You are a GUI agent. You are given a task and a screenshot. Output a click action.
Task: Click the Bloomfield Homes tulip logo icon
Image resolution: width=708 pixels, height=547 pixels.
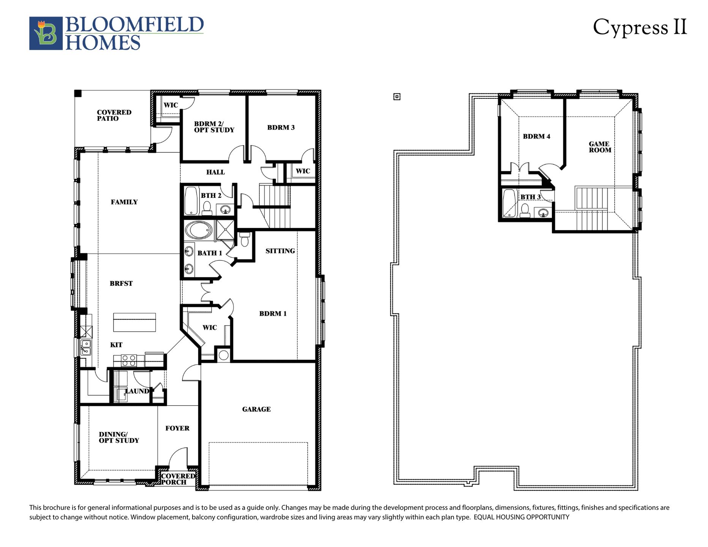(x=46, y=33)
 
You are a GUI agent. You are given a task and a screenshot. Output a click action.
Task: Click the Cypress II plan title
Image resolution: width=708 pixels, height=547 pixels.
(x=640, y=28)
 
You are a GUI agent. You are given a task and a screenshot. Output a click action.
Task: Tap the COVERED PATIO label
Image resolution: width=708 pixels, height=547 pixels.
(x=114, y=115)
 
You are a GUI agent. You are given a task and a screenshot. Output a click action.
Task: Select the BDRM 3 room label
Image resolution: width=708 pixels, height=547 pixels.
(x=281, y=128)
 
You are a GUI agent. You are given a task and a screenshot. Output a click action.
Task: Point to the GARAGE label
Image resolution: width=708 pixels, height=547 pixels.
(x=256, y=409)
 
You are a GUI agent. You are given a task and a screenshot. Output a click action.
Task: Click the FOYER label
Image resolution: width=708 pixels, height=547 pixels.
(x=177, y=428)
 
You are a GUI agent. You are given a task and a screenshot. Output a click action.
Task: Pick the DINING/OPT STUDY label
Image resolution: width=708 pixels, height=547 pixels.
(x=119, y=437)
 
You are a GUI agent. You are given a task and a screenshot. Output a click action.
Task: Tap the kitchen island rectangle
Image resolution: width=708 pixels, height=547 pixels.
(x=134, y=322)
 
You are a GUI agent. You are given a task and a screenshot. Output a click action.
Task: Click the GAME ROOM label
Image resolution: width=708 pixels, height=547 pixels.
(x=600, y=147)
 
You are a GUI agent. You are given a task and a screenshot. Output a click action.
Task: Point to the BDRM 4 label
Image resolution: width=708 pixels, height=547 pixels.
(x=536, y=136)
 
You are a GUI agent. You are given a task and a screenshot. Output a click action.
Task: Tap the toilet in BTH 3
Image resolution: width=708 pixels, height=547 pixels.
(x=525, y=210)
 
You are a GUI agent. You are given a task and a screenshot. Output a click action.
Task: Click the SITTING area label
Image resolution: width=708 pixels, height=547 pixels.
(x=280, y=251)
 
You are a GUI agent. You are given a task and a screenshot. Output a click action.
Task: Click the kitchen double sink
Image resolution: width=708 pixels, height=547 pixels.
(x=86, y=347)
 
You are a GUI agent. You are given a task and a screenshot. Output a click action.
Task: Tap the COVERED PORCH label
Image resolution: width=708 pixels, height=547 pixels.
(x=178, y=479)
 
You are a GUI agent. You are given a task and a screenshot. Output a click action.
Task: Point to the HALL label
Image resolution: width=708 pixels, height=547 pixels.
(x=215, y=172)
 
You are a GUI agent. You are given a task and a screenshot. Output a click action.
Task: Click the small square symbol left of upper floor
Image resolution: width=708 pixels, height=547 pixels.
(x=397, y=97)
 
